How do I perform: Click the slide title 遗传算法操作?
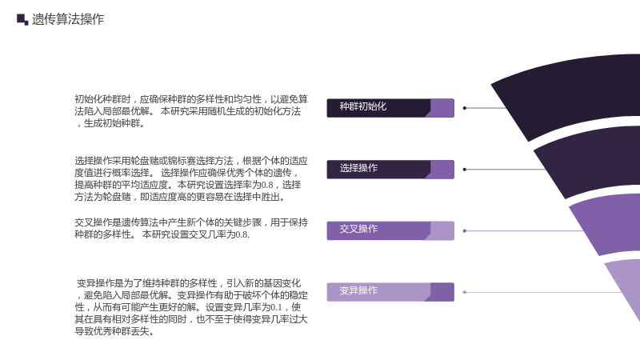[68, 19]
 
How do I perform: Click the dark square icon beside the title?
[22, 19]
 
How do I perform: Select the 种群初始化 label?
[363, 106]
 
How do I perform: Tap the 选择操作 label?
[358, 168]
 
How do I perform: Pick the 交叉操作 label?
[358, 229]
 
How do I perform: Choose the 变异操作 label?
[358, 290]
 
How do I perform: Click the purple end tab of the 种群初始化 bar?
[442, 108]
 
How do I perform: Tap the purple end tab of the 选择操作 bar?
[442, 170]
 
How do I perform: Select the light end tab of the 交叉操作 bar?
[442, 231]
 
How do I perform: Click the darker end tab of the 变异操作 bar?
[442, 292]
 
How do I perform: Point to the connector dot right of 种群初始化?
[465, 108]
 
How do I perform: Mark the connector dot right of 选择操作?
[465, 170]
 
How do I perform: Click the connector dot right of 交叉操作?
[465, 231]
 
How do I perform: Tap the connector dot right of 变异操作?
[465, 292]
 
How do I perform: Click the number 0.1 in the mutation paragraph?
[276, 307]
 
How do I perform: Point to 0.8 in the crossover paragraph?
[242, 234]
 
